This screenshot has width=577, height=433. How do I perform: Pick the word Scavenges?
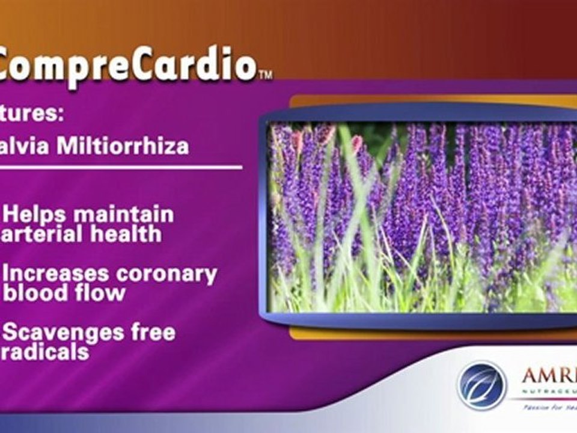(x=63, y=333)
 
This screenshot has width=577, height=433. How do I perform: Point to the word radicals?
(x=45, y=351)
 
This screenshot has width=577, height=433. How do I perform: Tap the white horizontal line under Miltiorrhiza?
(x=120, y=167)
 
